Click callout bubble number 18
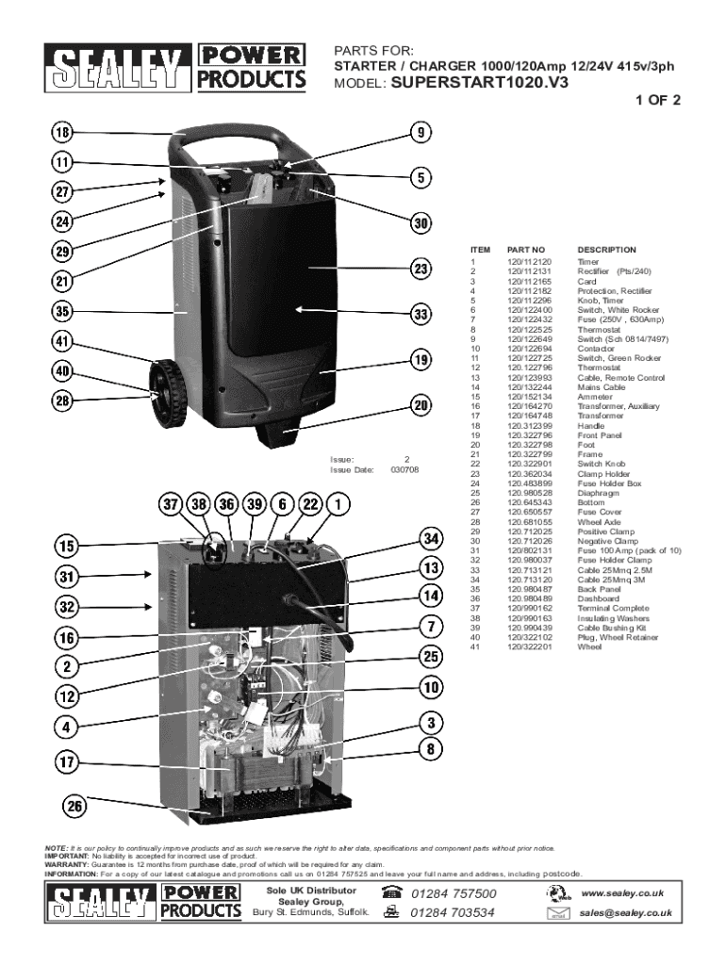[62, 133]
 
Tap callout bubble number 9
[421, 133]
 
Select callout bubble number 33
[421, 315]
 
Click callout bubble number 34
[431, 539]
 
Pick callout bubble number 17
[64, 762]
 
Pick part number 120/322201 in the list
[529, 646]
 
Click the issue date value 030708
[404, 468]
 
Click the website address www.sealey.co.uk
[623, 892]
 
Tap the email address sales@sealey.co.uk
[625, 912]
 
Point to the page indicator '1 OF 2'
[657, 100]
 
